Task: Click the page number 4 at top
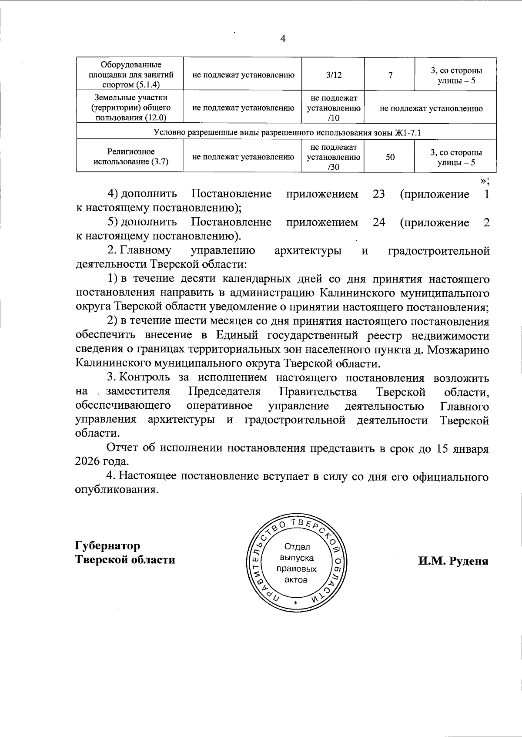(x=283, y=39)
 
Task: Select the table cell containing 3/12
(x=334, y=75)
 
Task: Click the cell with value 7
(x=390, y=75)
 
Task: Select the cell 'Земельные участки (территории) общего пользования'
(x=131, y=108)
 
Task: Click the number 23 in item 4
(x=378, y=194)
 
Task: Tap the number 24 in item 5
(x=378, y=222)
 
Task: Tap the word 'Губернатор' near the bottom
(x=108, y=545)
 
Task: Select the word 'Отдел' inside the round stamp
(x=297, y=547)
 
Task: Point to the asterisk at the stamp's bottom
(x=296, y=603)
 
